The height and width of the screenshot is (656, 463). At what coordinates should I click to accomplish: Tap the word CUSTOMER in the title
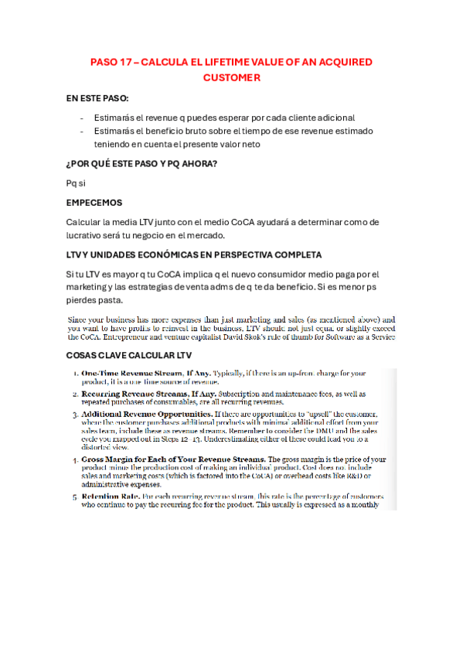pos(231,78)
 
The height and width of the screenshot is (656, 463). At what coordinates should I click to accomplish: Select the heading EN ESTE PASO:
pos(98,100)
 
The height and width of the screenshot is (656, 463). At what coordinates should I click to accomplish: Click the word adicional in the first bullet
pos(333,117)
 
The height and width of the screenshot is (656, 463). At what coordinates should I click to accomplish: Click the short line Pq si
pos(76,183)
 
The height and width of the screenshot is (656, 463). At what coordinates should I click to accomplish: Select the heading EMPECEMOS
pos(94,203)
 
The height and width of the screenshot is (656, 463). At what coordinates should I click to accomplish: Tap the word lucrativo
pos(87,235)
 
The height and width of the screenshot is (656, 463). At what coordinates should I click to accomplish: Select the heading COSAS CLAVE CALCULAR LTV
pos(129,355)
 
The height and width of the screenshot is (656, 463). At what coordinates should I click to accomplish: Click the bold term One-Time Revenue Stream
pos(131,374)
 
